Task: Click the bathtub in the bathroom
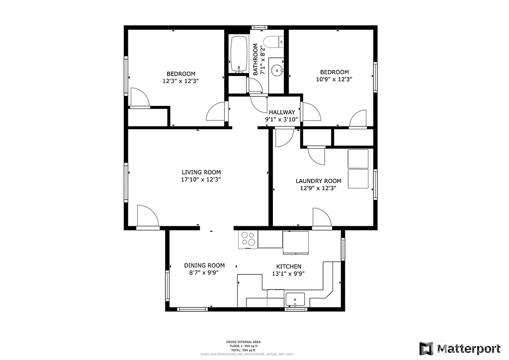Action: (239, 54)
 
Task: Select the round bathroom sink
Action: (276, 71)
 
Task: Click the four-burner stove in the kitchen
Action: (249, 240)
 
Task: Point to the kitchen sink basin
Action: (295, 299)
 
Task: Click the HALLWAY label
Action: (282, 112)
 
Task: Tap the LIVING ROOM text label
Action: (201, 173)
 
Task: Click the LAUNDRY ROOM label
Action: (318, 181)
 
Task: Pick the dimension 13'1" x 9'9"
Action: (286, 273)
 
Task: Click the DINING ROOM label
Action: (204, 266)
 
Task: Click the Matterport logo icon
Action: (426, 348)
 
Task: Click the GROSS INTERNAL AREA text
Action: (244, 342)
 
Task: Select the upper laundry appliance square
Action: (358, 158)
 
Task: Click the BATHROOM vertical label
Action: (256, 59)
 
